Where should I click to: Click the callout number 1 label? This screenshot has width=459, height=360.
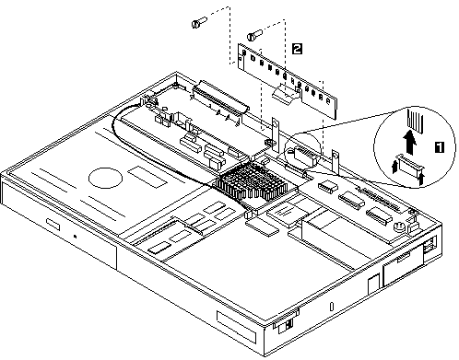point(440,147)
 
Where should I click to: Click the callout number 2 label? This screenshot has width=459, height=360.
point(297,49)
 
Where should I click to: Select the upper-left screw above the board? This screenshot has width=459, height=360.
point(199,22)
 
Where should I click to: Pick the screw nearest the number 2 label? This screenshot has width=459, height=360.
point(254,35)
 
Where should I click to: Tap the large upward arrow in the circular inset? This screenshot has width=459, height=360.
point(410,142)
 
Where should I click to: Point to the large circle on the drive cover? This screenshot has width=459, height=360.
point(105,178)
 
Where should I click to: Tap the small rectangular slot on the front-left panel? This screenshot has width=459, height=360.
point(53,224)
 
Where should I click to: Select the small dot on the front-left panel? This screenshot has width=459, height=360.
point(75,236)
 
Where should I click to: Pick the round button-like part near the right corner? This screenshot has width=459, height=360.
point(399,227)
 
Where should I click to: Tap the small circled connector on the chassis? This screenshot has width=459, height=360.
point(304,153)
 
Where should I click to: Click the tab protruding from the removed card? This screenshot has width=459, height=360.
point(286,94)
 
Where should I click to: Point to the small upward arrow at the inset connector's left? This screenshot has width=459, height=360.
point(395,167)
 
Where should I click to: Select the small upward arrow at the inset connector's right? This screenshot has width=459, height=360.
point(420,179)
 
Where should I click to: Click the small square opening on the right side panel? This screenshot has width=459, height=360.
point(374,285)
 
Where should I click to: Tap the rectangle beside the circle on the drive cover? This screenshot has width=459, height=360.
point(147,177)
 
